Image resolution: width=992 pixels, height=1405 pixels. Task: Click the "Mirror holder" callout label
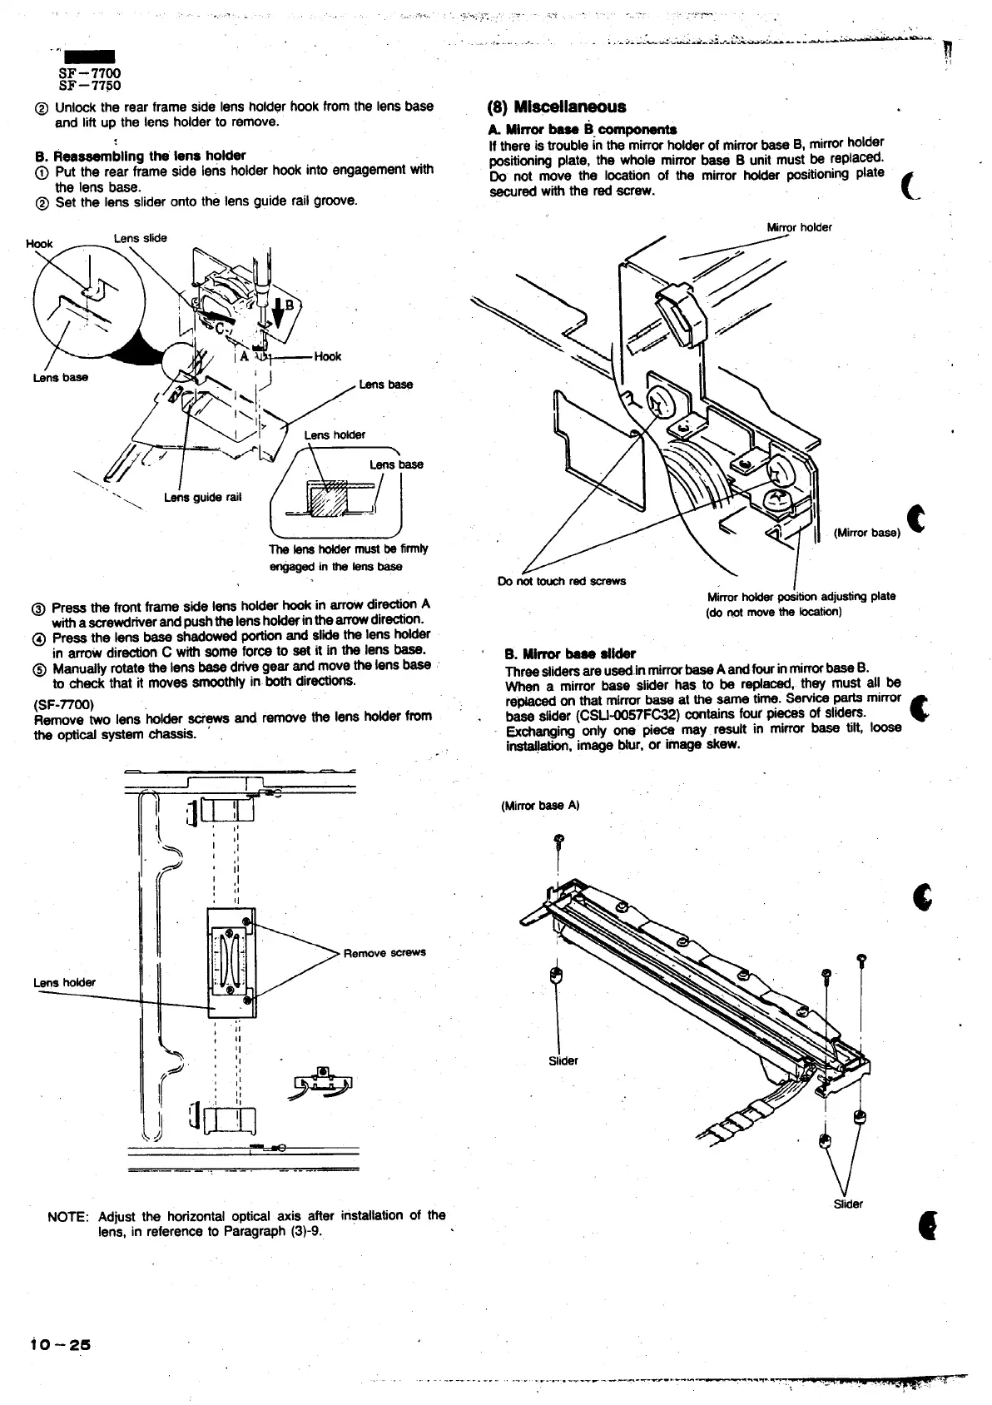[x=799, y=227]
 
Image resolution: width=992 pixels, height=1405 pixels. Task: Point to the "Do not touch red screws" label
[x=561, y=581]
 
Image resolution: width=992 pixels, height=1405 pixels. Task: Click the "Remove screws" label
[x=384, y=952]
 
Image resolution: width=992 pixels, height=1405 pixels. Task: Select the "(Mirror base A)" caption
[x=540, y=806]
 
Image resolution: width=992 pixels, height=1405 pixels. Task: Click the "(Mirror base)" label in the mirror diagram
[x=866, y=534]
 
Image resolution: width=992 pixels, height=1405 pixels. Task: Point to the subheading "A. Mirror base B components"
[x=582, y=129]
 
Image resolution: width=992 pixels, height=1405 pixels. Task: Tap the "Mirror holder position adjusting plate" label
[x=801, y=596]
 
